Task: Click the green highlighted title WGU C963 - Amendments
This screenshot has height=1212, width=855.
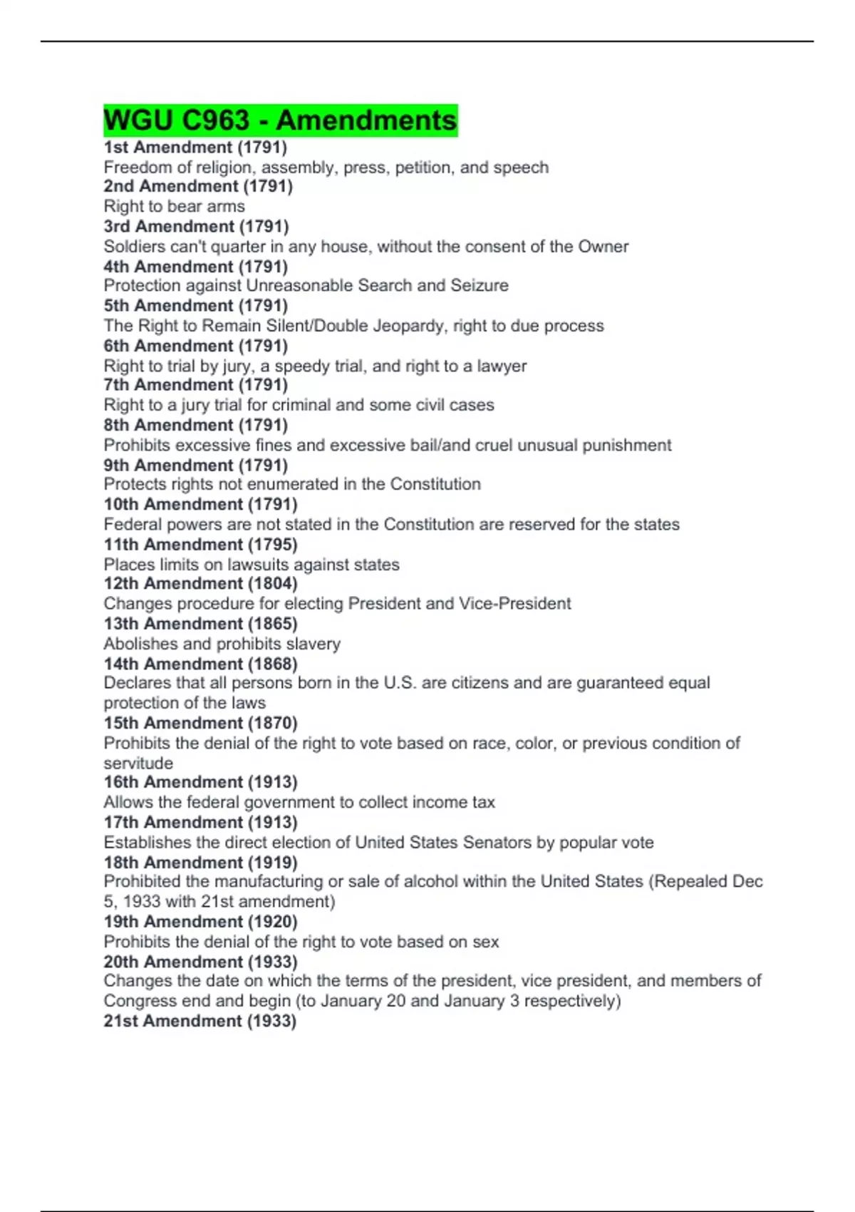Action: [x=280, y=120]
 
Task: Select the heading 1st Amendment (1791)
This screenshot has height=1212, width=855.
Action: [x=195, y=148]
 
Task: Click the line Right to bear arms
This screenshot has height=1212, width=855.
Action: [x=174, y=207]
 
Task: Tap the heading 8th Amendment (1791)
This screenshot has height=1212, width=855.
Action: [x=195, y=425]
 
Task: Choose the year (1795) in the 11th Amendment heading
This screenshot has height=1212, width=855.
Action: [x=273, y=545]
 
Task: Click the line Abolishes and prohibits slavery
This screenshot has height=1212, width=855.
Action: [x=222, y=644]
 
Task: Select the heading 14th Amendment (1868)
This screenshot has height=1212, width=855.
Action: [x=200, y=664]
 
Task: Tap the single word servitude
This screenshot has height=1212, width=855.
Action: [x=138, y=763]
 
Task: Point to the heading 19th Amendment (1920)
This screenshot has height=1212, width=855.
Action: [x=200, y=922]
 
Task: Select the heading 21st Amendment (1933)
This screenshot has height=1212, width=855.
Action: [x=199, y=1021]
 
